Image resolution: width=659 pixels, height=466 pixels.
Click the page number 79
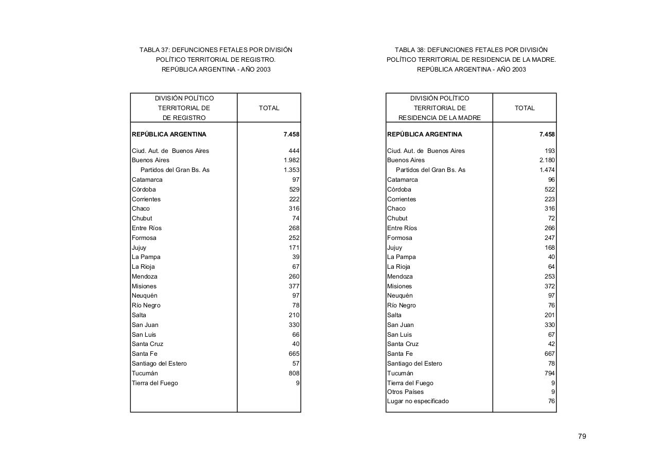(582, 436)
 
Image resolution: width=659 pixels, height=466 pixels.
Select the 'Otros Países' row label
(405, 392)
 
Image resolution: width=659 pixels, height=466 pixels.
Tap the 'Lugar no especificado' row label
(418, 401)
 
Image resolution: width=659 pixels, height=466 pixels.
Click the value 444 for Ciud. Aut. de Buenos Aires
(294, 151)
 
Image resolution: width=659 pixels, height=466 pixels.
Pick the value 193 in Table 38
(549, 151)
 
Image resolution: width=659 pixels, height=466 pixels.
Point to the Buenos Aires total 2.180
(547, 160)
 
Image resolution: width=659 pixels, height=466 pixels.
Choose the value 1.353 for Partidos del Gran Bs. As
(291, 170)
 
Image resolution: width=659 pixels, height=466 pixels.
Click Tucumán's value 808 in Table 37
(294, 373)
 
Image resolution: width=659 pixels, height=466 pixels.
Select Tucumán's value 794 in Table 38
(549, 373)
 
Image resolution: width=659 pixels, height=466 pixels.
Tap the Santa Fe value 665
(294, 354)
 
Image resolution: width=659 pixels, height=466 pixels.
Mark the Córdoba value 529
(294, 189)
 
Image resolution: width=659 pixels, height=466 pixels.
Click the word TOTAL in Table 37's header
(269, 108)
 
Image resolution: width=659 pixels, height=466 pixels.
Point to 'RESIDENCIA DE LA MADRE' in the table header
(439, 118)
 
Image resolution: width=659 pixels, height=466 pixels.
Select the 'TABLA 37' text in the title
(154, 50)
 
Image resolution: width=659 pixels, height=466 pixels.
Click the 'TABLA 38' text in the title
(409, 50)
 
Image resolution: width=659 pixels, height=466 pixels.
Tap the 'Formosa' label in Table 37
(144, 238)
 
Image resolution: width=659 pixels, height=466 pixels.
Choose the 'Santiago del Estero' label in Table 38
(414, 364)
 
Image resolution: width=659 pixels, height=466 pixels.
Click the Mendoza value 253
(549, 277)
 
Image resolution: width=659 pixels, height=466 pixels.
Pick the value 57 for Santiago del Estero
(296, 364)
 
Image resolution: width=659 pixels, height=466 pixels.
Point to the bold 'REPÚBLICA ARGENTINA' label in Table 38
(425, 134)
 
